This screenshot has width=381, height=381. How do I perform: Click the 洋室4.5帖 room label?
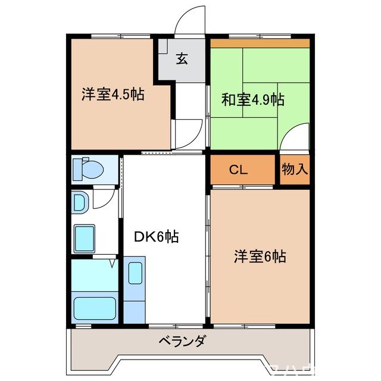(x=113, y=94)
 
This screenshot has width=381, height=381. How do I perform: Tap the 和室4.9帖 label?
(x=252, y=100)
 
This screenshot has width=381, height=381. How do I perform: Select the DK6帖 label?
(x=156, y=237)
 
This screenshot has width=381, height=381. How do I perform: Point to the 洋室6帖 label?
(x=260, y=257)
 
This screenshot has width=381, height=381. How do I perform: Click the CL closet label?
(x=239, y=170)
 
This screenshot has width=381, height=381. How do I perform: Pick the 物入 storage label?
(x=295, y=170)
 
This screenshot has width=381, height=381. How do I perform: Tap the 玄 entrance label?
(x=182, y=59)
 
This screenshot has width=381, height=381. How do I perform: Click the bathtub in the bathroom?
(x=95, y=308)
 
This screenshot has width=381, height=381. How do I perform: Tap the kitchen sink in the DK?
(x=136, y=274)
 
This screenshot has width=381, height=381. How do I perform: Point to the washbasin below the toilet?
(x=79, y=202)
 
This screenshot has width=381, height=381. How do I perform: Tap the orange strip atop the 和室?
(x=260, y=43)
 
